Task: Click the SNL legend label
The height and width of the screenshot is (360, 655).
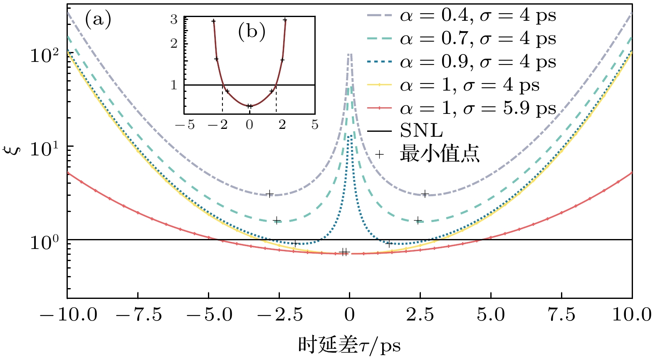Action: pos(421,131)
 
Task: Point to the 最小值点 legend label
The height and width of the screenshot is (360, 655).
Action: pos(440,154)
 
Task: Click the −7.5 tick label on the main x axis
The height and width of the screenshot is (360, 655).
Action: pos(138,315)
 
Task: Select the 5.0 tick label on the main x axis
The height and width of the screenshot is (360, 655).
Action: pos(491,315)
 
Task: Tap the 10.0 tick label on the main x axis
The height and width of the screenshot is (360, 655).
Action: pos(632,315)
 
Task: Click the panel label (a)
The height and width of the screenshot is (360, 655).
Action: pos(98,19)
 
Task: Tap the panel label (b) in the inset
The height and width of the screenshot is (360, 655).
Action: pos(252,32)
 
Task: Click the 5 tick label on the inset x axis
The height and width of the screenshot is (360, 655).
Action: pos(314,124)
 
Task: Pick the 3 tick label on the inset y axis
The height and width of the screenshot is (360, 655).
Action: pos(174,20)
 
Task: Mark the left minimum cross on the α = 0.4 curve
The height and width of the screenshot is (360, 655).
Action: pos(269,194)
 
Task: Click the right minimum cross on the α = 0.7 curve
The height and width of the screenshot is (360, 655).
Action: pos(418,220)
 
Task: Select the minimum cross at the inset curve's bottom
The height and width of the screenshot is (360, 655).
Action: pos(250,106)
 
